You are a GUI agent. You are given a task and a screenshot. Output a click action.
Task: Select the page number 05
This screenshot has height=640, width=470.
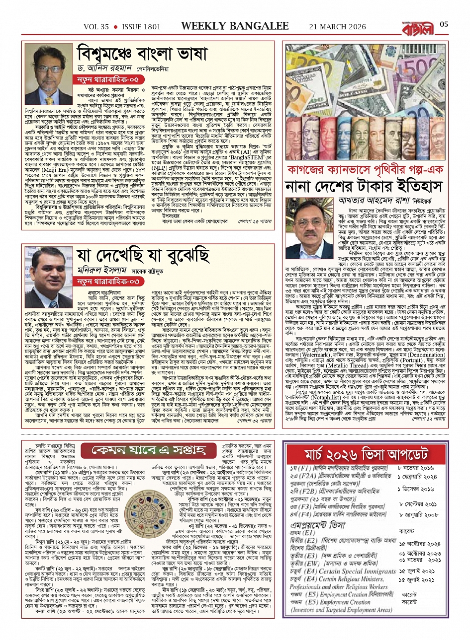(x=445, y=24)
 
